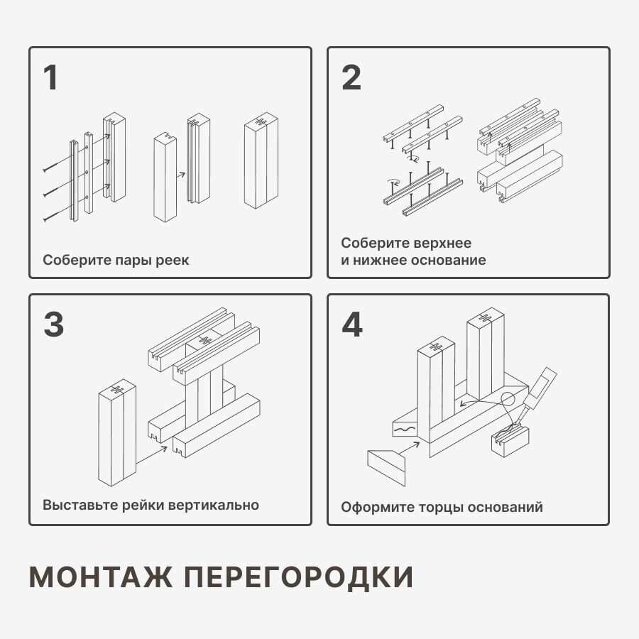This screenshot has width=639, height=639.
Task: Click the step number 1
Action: [x=50, y=78]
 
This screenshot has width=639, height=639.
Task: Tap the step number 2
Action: [x=351, y=78]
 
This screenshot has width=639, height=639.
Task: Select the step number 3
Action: [x=53, y=324]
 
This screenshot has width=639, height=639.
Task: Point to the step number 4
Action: [x=352, y=324]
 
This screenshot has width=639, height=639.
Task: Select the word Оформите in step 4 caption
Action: [x=373, y=507]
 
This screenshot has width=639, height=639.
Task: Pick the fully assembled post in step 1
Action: [x=261, y=163]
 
